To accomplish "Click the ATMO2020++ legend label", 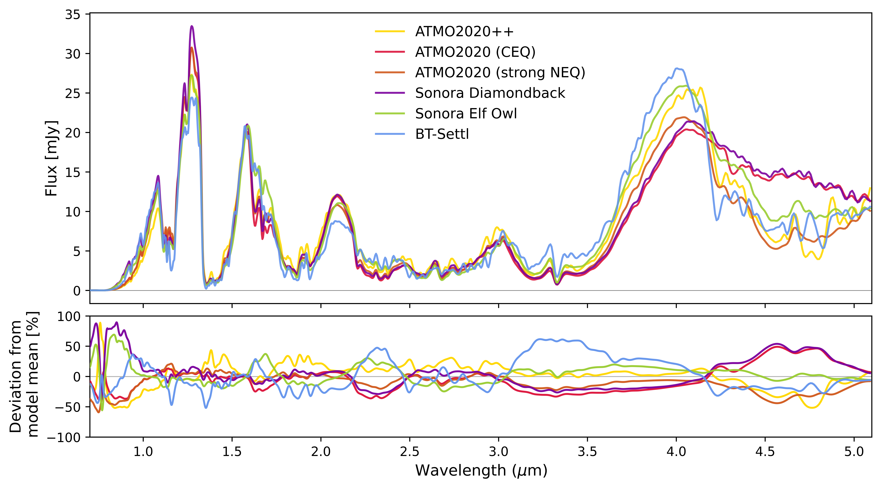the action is [464, 31].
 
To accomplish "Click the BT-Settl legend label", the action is [442, 134].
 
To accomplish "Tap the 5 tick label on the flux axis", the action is [77, 251].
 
